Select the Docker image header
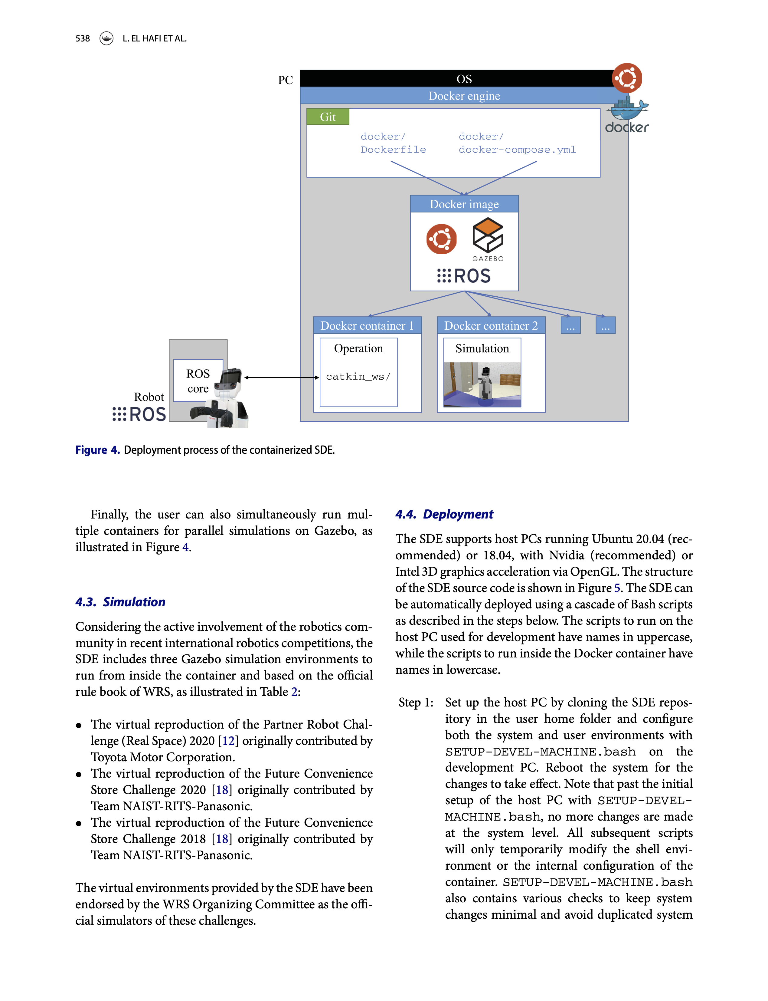464,204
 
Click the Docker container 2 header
491,325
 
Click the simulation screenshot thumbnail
482,384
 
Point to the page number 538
83,38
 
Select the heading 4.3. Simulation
120,602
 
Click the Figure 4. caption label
97,450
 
